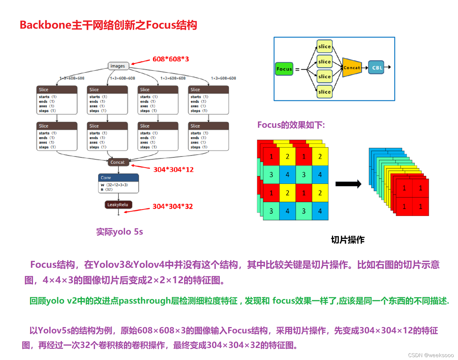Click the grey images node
[x=118, y=66]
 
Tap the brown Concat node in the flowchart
[x=118, y=162]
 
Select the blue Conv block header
[x=118, y=178]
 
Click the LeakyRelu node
[x=118, y=205]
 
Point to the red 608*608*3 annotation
[x=171, y=59]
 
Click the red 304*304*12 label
[x=174, y=170]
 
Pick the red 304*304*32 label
[x=173, y=206]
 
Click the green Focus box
[x=284, y=69]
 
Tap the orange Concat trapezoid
[x=352, y=68]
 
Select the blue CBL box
[x=376, y=68]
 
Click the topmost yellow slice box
[x=325, y=46]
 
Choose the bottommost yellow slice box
[x=325, y=92]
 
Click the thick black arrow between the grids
[x=348, y=184]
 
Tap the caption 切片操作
[x=348, y=240]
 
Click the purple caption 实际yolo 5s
[x=119, y=232]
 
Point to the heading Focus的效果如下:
[x=291, y=125]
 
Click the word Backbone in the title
[x=45, y=25]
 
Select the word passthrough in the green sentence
[x=144, y=301]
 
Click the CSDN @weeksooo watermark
[x=431, y=355]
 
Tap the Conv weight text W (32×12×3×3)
[x=114, y=185]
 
